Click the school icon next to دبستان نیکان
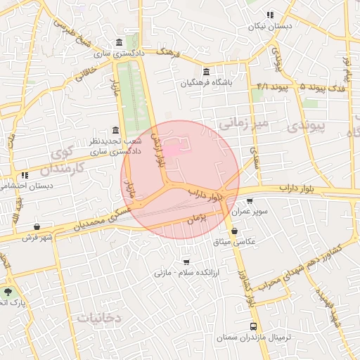pos(270,15)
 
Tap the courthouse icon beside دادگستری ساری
pos(117,41)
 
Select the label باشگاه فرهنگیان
pos(205,83)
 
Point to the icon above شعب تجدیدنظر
pos(115,130)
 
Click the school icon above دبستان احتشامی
pos(25,175)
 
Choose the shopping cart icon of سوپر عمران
pos(250,201)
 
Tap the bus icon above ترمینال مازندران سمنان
pos(253,327)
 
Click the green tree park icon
pos(8,290)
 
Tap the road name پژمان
pos(196,220)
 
